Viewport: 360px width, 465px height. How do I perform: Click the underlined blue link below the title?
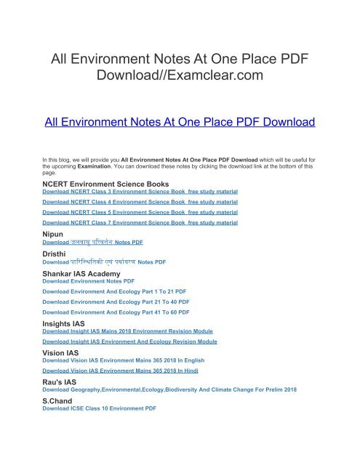(180, 122)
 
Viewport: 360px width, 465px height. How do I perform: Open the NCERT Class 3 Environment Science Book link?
(140, 192)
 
